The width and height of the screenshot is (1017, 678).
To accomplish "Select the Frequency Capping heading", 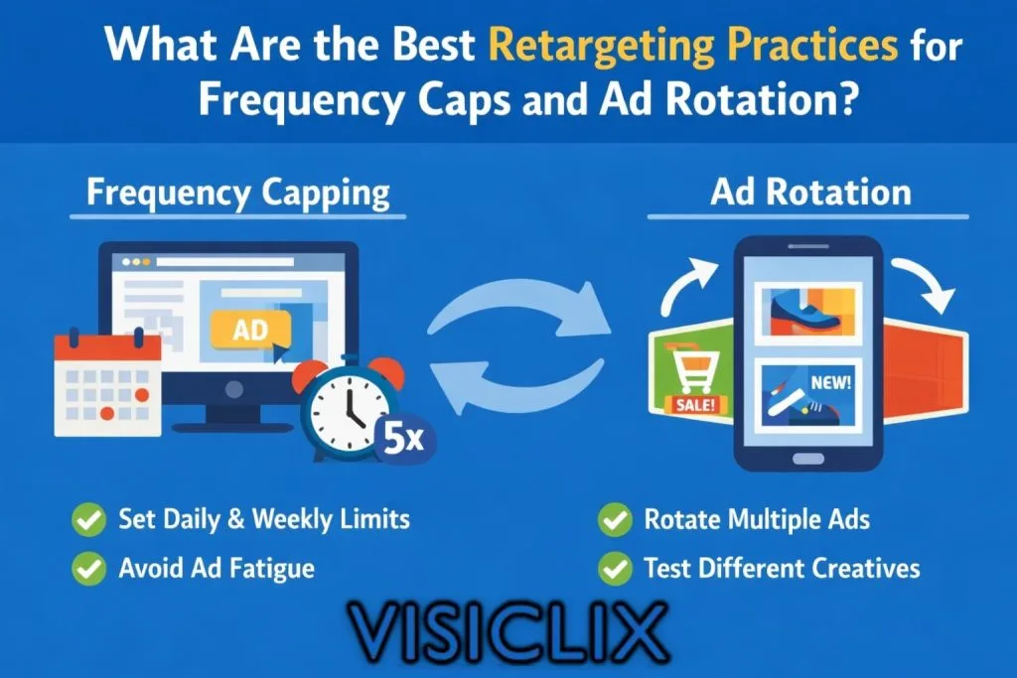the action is click(238, 194).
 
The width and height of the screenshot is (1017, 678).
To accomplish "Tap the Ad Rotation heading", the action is click(810, 193).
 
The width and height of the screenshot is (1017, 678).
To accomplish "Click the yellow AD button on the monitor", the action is click(251, 330).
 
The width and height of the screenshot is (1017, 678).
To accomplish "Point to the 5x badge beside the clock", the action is click(403, 440).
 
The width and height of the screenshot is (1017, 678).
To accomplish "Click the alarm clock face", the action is click(350, 412).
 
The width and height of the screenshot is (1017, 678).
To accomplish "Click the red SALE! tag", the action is click(696, 404).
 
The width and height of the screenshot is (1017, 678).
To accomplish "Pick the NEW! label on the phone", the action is click(831, 382).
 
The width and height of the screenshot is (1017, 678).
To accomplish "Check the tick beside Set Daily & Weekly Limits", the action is click(88, 519).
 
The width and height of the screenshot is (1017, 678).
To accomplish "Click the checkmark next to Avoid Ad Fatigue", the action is click(88, 569).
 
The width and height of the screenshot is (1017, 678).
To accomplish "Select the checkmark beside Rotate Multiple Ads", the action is click(615, 519).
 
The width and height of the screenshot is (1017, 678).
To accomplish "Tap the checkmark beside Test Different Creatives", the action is click(615, 569).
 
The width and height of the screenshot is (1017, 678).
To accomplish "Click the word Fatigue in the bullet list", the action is click(272, 569).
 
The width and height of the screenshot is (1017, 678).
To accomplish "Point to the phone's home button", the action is click(808, 459).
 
